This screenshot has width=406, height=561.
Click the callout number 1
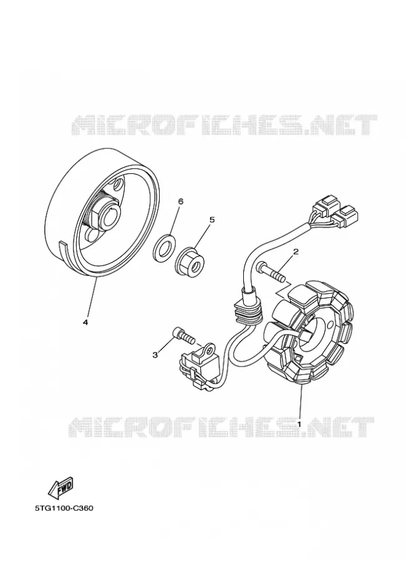(x=299, y=424)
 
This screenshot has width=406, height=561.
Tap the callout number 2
(x=296, y=252)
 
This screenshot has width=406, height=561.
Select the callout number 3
(x=155, y=355)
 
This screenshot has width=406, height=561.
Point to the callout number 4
(x=85, y=322)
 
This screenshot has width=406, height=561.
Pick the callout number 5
(x=212, y=219)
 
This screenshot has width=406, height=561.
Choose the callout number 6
(x=180, y=201)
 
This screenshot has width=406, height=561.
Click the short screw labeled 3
(x=184, y=335)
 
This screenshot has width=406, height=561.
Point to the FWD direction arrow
(x=61, y=487)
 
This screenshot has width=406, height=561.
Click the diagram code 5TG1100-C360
(x=64, y=508)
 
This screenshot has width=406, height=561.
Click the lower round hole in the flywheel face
(x=92, y=236)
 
